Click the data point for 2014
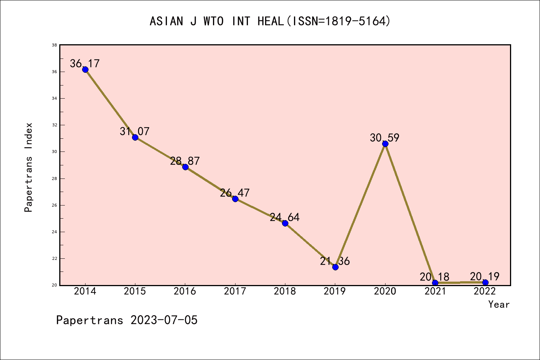click(x=85, y=69)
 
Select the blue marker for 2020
click(x=385, y=144)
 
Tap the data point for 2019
click(x=335, y=267)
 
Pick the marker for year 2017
click(x=235, y=199)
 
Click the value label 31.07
click(x=135, y=131)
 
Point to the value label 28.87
click(x=185, y=161)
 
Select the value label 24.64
click(x=285, y=217)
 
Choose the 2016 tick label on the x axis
click(x=185, y=291)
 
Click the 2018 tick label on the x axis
click(x=285, y=291)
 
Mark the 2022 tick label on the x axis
click(x=485, y=291)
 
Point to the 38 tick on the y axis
click(x=54, y=45)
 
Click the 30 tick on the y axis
click(x=54, y=152)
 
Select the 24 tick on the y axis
click(x=54, y=232)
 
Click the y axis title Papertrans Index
click(x=28, y=167)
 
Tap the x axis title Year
click(x=499, y=304)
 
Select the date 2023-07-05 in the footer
click(x=164, y=320)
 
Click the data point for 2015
click(x=135, y=137)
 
